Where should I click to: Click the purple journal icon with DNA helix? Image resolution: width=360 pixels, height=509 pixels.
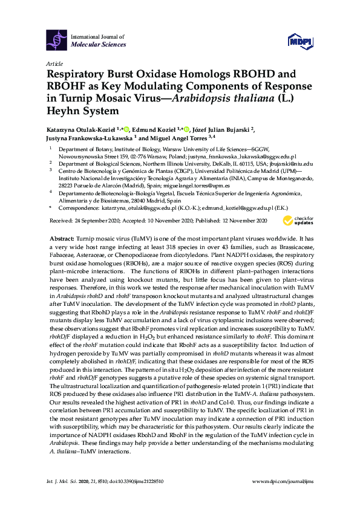point(57,40)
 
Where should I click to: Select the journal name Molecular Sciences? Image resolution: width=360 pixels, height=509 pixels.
point(98,45)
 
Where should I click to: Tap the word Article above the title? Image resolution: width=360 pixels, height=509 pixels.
point(54,63)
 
